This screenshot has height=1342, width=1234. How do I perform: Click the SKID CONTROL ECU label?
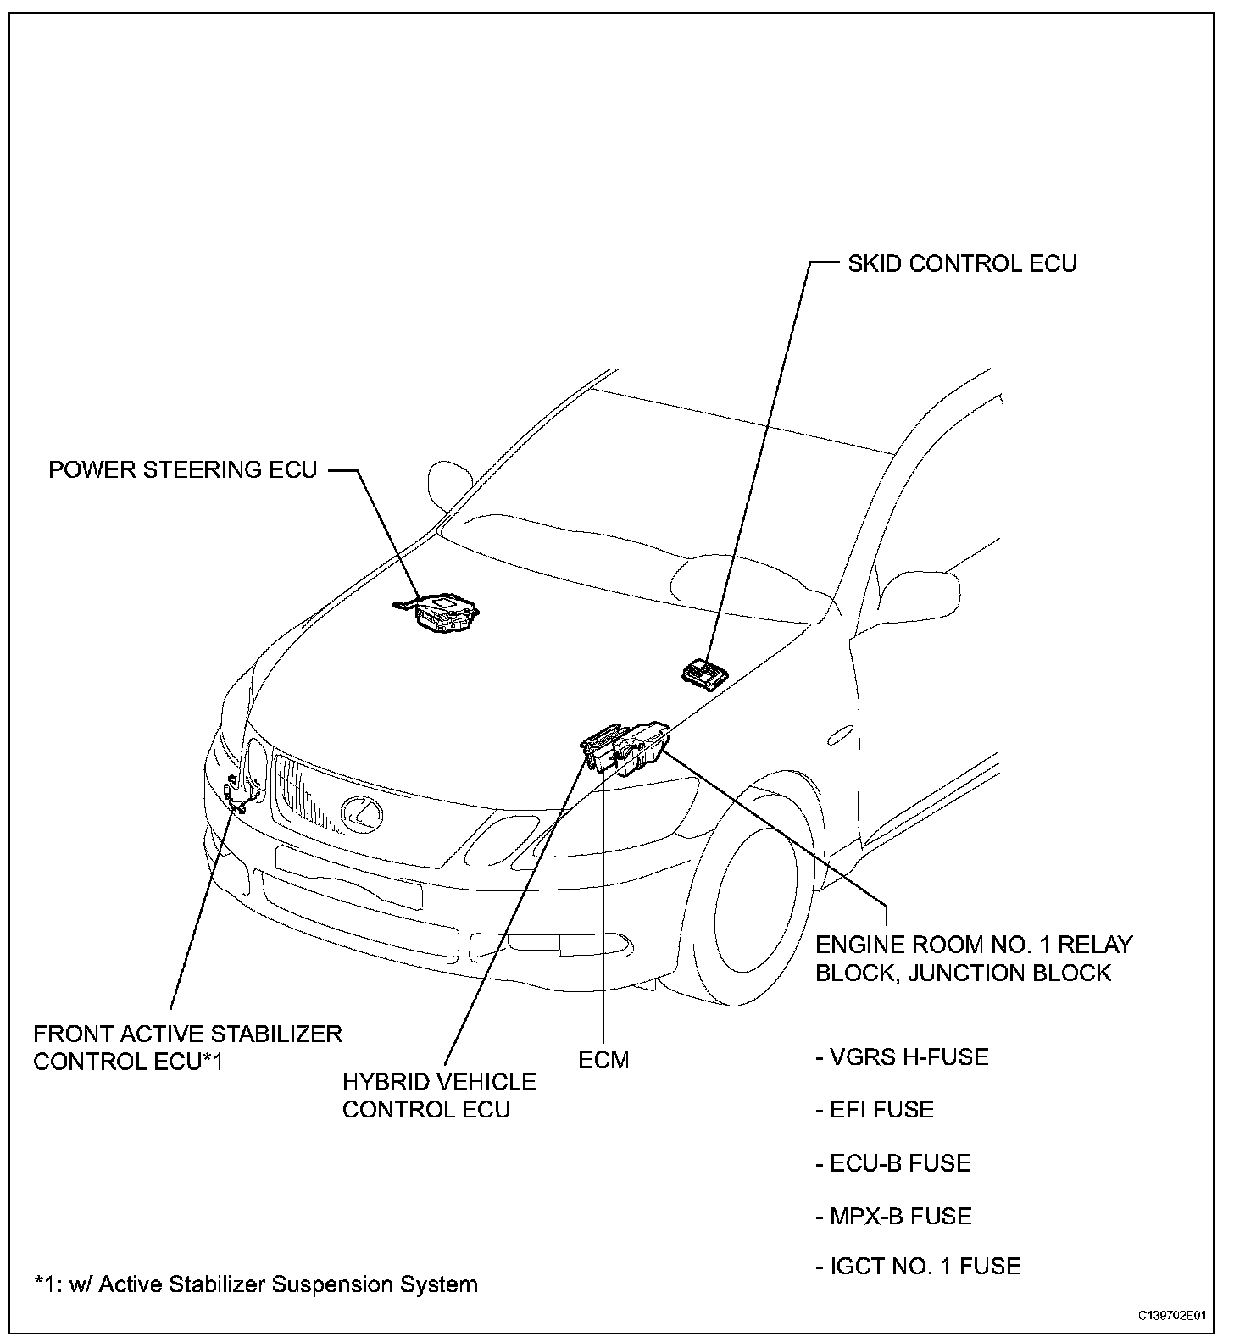(962, 263)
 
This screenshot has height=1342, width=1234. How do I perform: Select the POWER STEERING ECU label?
(182, 469)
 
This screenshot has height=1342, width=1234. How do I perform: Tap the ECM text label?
(603, 1060)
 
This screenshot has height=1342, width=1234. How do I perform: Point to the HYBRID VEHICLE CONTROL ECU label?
(439, 1095)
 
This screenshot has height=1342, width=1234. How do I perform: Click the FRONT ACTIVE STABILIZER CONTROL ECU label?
(187, 1047)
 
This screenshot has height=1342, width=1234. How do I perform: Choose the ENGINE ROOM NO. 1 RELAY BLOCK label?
(974, 958)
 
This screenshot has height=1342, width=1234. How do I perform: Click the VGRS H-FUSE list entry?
(902, 1057)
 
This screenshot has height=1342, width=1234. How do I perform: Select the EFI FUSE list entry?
(875, 1110)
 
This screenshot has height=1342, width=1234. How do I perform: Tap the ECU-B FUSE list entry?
(893, 1163)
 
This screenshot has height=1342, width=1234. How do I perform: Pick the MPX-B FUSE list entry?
(893, 1217)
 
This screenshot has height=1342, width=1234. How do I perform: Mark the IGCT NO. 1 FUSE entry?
(918, 1267)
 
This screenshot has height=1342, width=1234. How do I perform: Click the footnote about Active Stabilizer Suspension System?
(255, 1284)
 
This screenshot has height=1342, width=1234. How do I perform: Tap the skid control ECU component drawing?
(705, 674)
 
